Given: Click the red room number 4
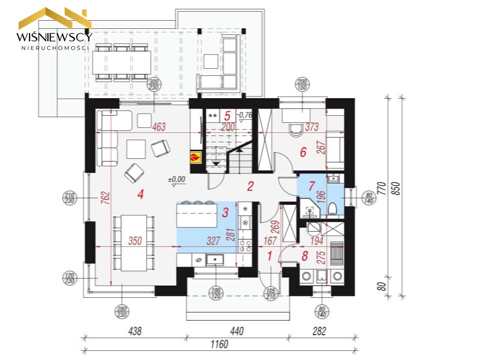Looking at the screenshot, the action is (x=141, y=194).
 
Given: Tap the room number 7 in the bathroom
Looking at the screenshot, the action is (x=312, y=186).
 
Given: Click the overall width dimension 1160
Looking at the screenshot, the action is (x=219, y=344).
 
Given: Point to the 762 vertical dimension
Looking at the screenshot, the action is (x=106, y=198).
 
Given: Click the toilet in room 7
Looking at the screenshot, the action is (x=332, y=209).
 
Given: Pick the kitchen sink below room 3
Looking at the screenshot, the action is (x=215, y=259).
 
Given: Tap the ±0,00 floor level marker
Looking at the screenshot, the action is (x=177, y=179).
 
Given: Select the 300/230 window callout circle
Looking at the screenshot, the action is (x=154, y=84).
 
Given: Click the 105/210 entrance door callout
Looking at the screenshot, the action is (x=271, y=293).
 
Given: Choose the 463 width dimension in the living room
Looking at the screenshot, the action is (x=159, y=127).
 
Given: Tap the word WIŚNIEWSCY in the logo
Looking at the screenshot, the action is (x=55, y=37).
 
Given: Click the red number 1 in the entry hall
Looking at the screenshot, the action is (x=270, y=256).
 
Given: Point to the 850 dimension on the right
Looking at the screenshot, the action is (x=397, y=189).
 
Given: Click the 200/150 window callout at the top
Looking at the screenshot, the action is (x=302, y=84).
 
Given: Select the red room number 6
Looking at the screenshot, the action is (x=303, y=152).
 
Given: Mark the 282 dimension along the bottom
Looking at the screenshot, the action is (x=319, y=331).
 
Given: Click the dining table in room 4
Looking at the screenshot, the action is (x=134, y=243).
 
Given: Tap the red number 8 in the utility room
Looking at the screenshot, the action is (x=305, y=256).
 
